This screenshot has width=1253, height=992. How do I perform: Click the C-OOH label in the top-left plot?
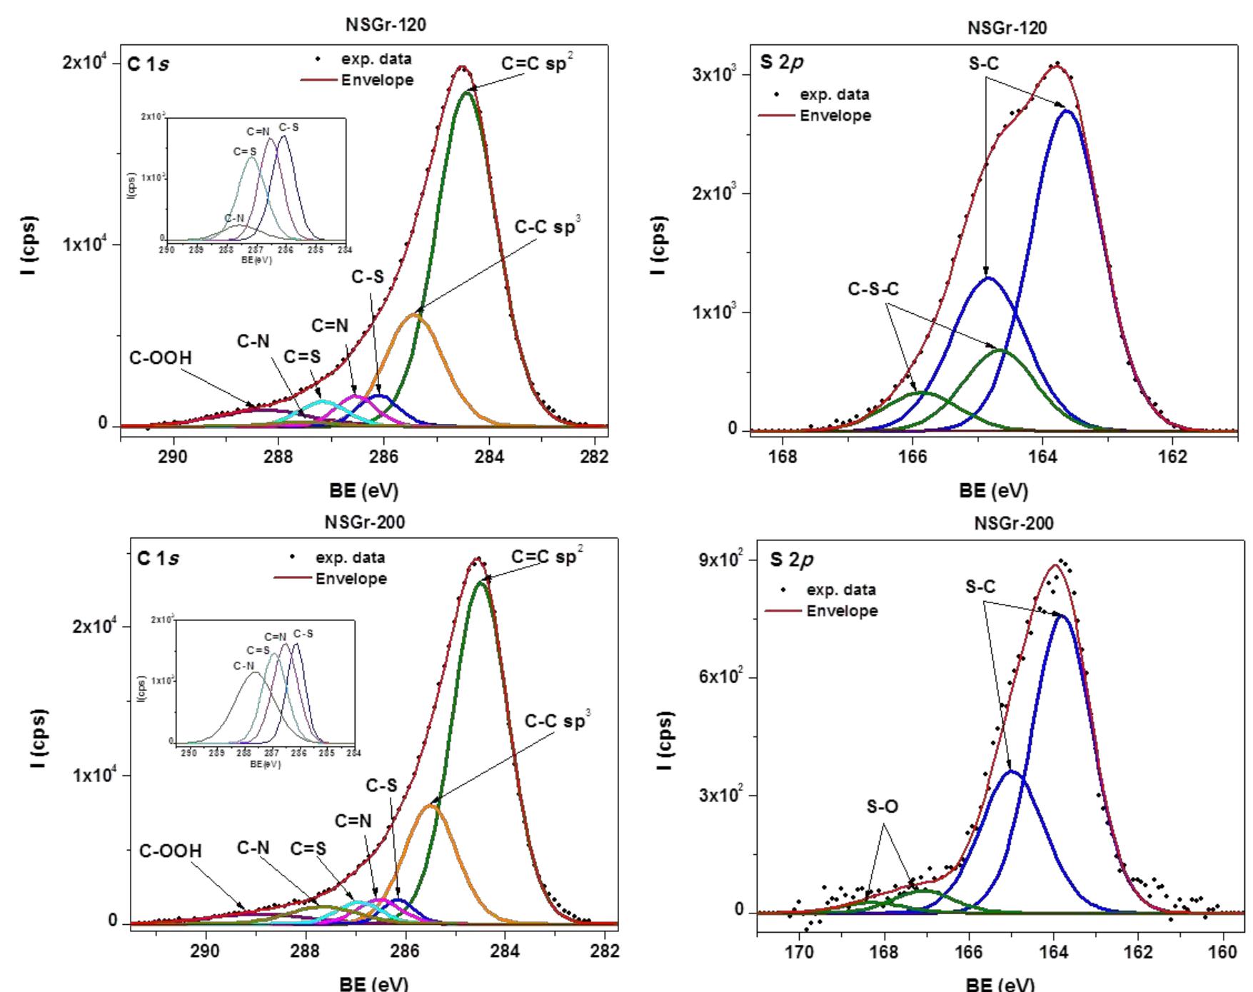tap(161, 358)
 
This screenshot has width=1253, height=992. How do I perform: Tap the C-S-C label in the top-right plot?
tap(873, 289)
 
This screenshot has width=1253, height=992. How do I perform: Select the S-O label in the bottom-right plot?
tap(882, 807)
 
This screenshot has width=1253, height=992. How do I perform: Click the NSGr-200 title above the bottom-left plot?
tap(365, 522)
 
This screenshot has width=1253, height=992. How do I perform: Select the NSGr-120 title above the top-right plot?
tap(1007, 28)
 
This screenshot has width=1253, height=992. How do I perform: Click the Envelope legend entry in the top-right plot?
tap(835, 116)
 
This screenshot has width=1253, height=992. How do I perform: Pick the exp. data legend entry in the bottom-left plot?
tap(350, 558)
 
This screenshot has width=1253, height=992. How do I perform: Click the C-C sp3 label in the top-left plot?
tap(548, 227)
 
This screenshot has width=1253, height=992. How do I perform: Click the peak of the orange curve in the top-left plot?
tap(416, 315)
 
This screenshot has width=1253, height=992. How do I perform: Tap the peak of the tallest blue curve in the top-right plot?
tap(1067, 111)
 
